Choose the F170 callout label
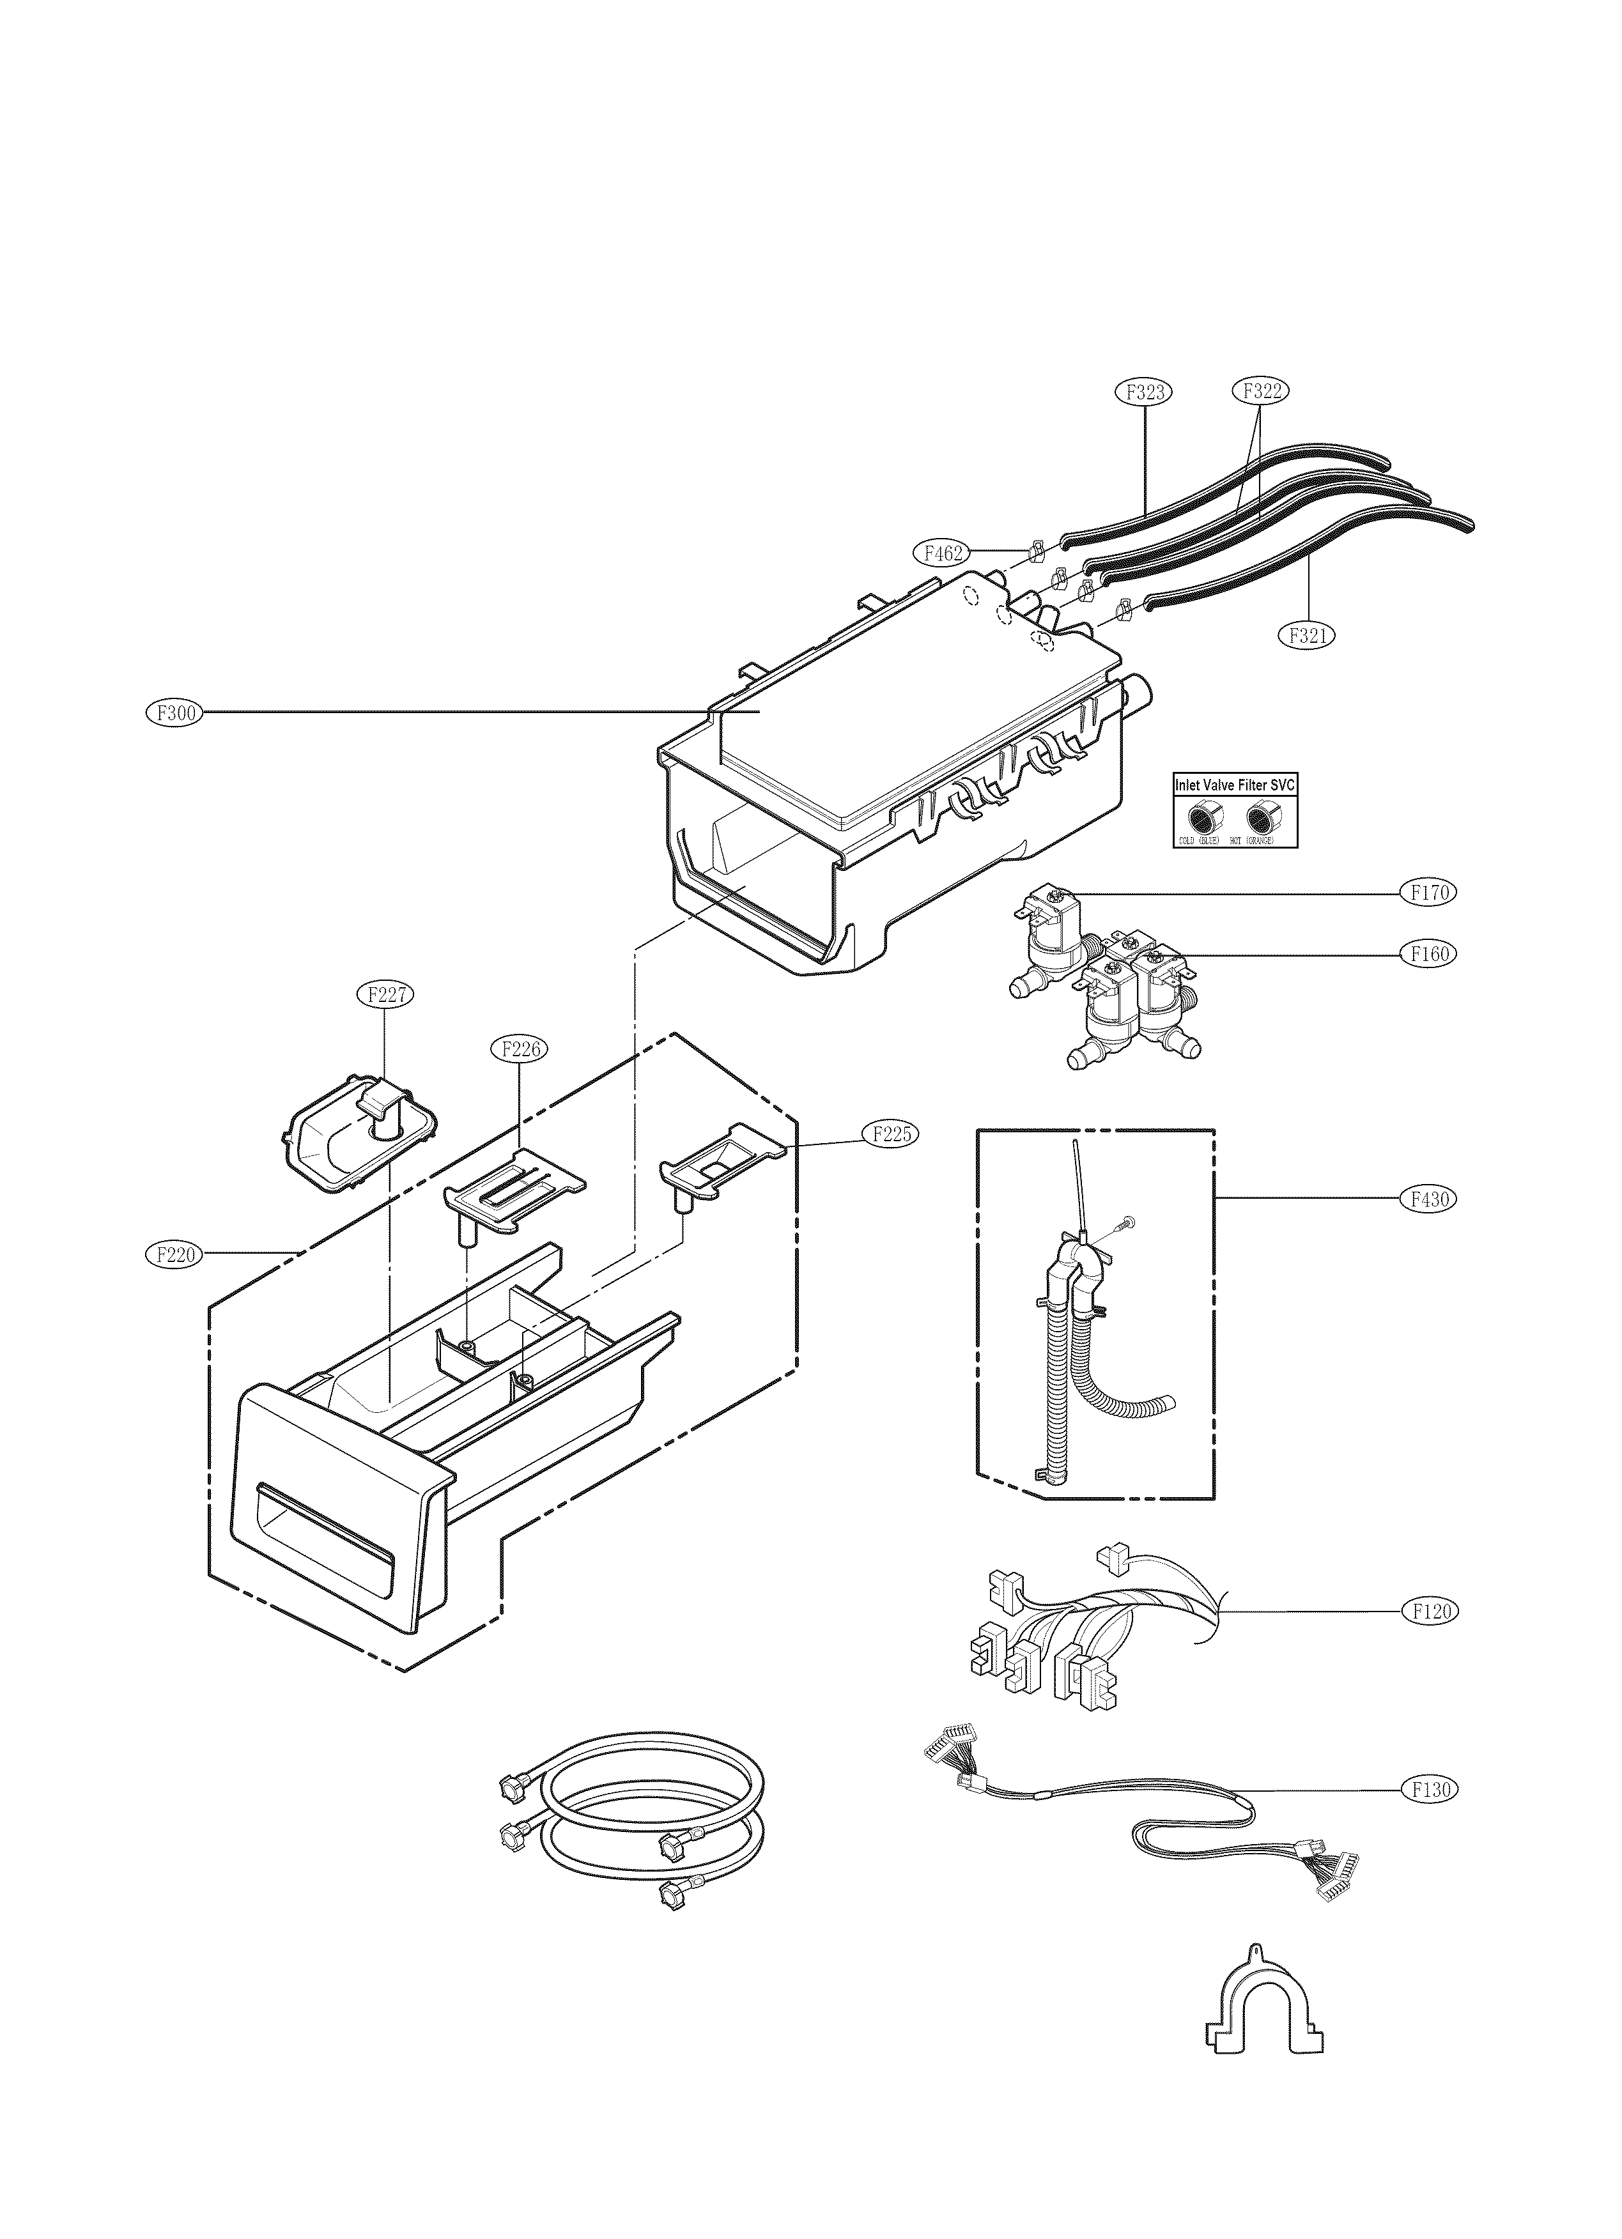[x=1428, y=893]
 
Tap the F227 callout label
[x=384, y=994]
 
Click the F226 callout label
[x=520, y=1049]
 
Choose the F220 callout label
[x=174, y=1255]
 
